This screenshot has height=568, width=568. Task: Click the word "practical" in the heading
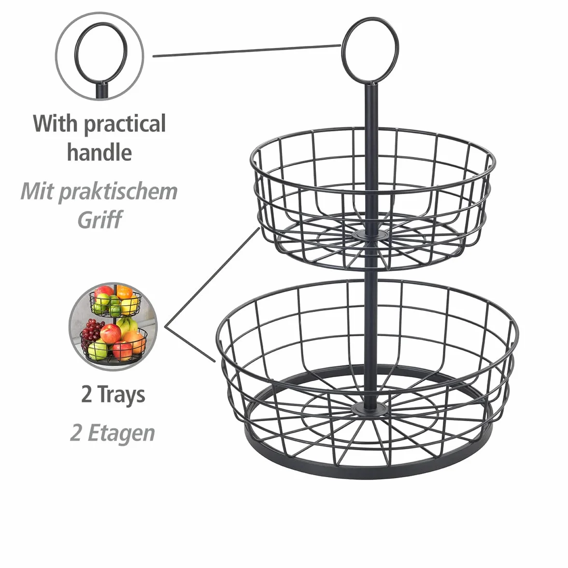(x=125, y=124)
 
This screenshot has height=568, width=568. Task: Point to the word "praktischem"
(x=118, y=192)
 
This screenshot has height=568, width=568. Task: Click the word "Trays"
(x=121, y=395)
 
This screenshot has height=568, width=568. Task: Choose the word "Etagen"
(x=121, y=433)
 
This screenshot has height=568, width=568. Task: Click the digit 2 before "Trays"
(x=86, y=395)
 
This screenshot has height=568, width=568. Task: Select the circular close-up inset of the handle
(x=99, y=56)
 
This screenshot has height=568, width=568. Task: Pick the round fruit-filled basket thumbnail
(x=113, y=327)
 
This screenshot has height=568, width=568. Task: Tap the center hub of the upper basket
(x=370, y=236)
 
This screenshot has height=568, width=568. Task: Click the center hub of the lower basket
(x=370, y=409)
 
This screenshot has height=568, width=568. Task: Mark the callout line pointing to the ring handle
(x=247, y=51)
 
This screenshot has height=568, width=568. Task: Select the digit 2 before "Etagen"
(x=75, y=433)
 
